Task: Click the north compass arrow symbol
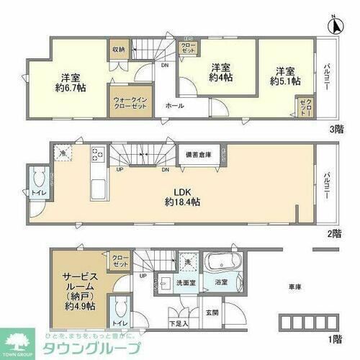pos(333,25)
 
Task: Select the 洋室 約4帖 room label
pos(221,74)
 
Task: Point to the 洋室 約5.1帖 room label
pos(284,76)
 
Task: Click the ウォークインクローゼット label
pos(128,100)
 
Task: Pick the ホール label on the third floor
pos(174,106)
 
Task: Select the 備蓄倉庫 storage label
pos(198,153)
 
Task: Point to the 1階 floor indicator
pos(336,338)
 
